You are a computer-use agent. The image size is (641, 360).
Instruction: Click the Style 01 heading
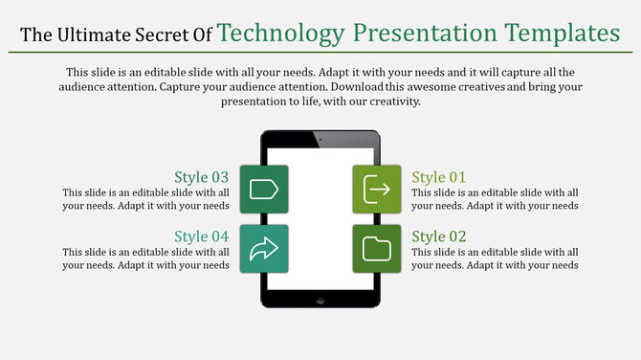click(x=439, y=177)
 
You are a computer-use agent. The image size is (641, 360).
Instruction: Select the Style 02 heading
click(x=439, y=236)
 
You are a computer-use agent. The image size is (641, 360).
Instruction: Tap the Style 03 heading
click(x=201, y=177)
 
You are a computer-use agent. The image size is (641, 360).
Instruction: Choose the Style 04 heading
click(x=201, y=236)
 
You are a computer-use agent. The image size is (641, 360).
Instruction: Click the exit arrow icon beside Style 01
click(x=377, y=190)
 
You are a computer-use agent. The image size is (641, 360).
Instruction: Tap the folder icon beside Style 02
click(x=377, y=249)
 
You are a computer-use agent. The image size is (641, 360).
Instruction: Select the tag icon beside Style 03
click(x=263, y=190)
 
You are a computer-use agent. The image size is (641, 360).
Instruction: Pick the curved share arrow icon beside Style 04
click(x=263, y=249)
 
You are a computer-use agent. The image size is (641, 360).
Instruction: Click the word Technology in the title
click(x=280, y=34)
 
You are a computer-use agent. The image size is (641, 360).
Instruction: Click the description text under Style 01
click(x=495, y=199)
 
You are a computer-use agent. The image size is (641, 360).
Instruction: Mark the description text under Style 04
click(x=145, y=259)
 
